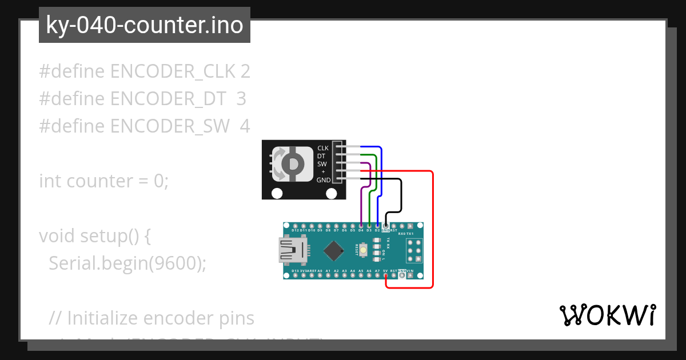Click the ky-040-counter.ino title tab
click(x=144, y=25)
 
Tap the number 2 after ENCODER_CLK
click(x=245, y=71)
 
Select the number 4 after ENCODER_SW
click(x=245, y=126)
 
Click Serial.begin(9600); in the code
click(x=127, y=263)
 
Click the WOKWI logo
click(x=607, y=315)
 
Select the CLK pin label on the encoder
click(x=323, y=149)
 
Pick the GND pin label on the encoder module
click(x=323, y=180)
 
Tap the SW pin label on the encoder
click(x=322, y=164)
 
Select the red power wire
click(x=432, y=229)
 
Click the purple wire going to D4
click(x=362, y=200)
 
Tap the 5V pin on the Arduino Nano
click(x=386, y=275)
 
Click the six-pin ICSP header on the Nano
click(x=414, y=250)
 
